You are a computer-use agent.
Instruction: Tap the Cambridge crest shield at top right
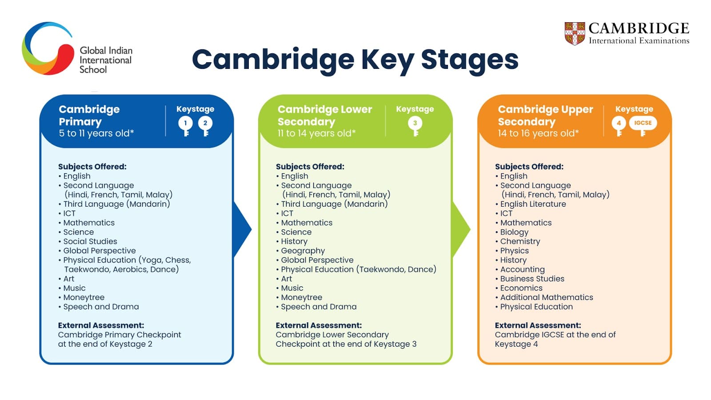click(575, 34)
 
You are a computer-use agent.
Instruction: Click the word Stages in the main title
click(470, 60)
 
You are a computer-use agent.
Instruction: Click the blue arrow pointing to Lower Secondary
click(242, 230)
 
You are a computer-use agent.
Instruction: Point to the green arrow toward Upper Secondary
click(461, 230)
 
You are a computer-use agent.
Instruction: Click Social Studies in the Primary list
click(90, 241)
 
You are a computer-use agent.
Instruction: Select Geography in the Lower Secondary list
click(303, 251)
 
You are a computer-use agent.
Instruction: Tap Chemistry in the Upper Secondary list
click(520, 241)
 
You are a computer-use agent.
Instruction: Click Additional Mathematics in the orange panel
click(547, 297)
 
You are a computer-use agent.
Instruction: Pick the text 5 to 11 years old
click(96, 133)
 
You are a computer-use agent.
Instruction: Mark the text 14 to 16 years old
click(538, 133)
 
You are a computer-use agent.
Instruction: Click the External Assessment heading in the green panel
click(319, 325)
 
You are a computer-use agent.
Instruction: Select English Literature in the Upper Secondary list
click(533, 204)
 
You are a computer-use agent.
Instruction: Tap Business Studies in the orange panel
click(532, 279)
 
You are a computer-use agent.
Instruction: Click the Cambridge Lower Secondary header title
click(324, 115)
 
